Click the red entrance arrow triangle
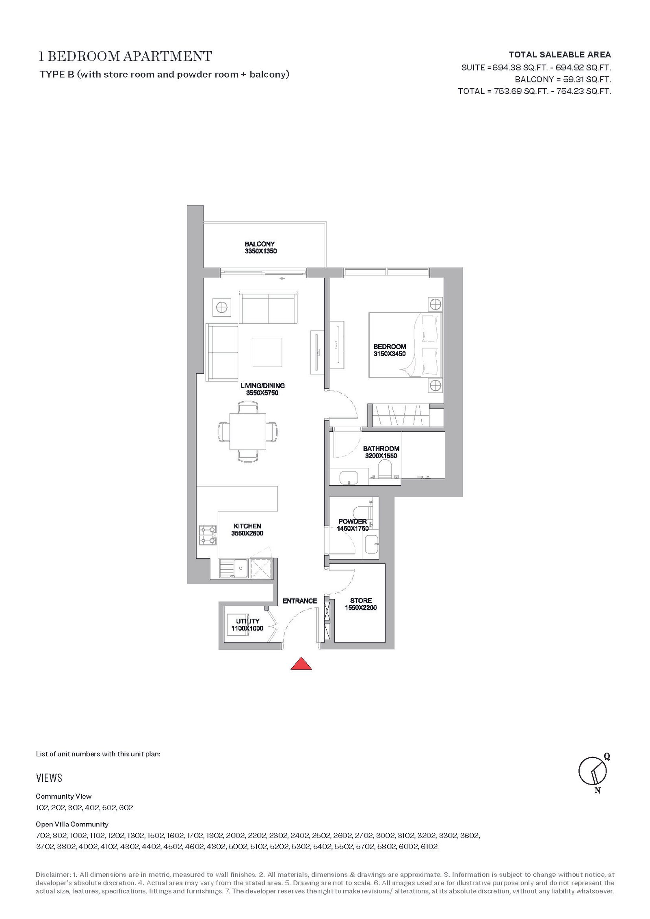pos(301,664)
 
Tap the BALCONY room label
pos(260,244)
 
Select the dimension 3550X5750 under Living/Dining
pos(262,393)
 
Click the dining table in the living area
pos(248,431)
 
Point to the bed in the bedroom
pos(405,345)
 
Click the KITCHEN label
pos(247,526)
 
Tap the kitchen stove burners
pos(204,536)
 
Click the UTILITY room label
pos(248,621)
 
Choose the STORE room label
pos(361,601)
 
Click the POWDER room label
pos(353,521)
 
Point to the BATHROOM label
pos(381,448)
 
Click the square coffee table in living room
pos(267,352)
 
